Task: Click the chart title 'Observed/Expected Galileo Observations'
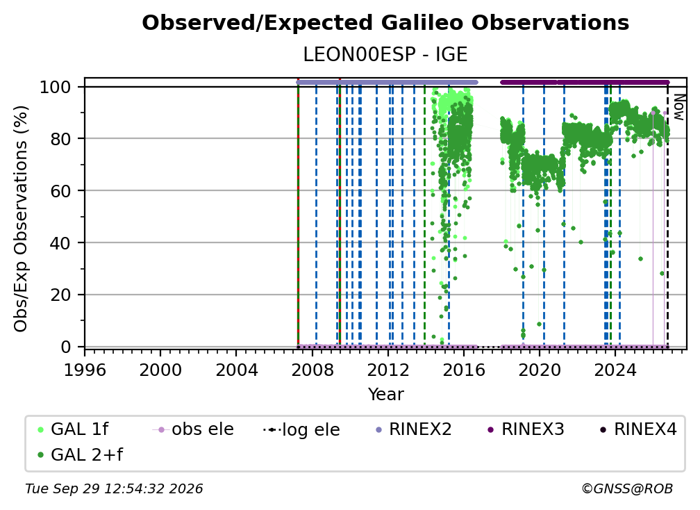[385, 23]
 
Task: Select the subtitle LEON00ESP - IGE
[385, 55]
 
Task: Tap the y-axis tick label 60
[60, 191]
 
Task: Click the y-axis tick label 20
[60, 295]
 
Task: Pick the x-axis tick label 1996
[85, 370]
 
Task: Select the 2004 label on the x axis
[237, 370]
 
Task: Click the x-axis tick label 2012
[388, 370]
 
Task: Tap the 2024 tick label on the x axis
[615, 370]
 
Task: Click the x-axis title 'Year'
[385, 395]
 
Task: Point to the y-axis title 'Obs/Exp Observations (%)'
[21, 219]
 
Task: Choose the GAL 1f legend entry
[73, 429]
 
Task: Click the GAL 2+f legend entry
[81, 455]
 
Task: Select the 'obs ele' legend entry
[193, 429]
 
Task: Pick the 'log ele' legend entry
[302, 430]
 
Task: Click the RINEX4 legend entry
[639, 429]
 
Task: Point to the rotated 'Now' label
[678, 107]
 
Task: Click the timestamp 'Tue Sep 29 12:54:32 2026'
[115, 489]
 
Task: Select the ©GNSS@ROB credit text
[627, 489]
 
